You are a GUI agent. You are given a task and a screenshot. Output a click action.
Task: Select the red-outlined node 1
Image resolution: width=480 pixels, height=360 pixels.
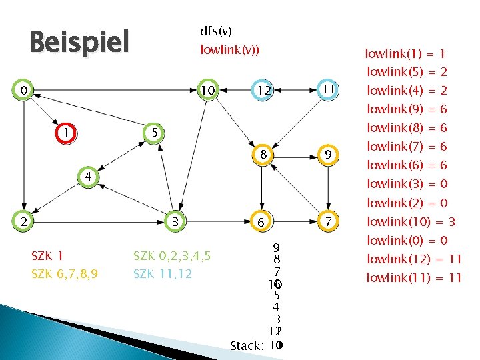coord(66,133)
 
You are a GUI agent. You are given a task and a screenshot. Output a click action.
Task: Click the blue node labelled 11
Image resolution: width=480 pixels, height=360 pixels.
coord(327,89)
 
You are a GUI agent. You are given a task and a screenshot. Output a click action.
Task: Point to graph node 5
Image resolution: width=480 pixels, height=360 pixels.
coord(154,134)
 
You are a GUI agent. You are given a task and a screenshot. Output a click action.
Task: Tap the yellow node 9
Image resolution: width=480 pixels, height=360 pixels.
coord(327,155)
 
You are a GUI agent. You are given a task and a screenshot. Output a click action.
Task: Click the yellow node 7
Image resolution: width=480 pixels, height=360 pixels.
coord(327,221)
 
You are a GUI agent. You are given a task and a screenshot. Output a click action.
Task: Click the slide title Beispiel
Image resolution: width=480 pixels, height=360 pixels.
coord(79,43)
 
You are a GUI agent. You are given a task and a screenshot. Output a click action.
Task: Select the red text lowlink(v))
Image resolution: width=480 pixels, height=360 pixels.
coord(230,50)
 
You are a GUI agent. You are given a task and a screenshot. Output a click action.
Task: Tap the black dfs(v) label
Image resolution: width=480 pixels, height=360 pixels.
coord(216,31)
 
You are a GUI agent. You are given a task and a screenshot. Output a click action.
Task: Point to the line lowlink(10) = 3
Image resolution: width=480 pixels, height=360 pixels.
coord(411,221)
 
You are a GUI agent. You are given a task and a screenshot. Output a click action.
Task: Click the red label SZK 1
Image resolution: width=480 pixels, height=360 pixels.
coord(47,255)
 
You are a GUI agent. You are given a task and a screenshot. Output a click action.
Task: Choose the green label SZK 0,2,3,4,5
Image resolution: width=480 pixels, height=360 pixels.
coord(172,255)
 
